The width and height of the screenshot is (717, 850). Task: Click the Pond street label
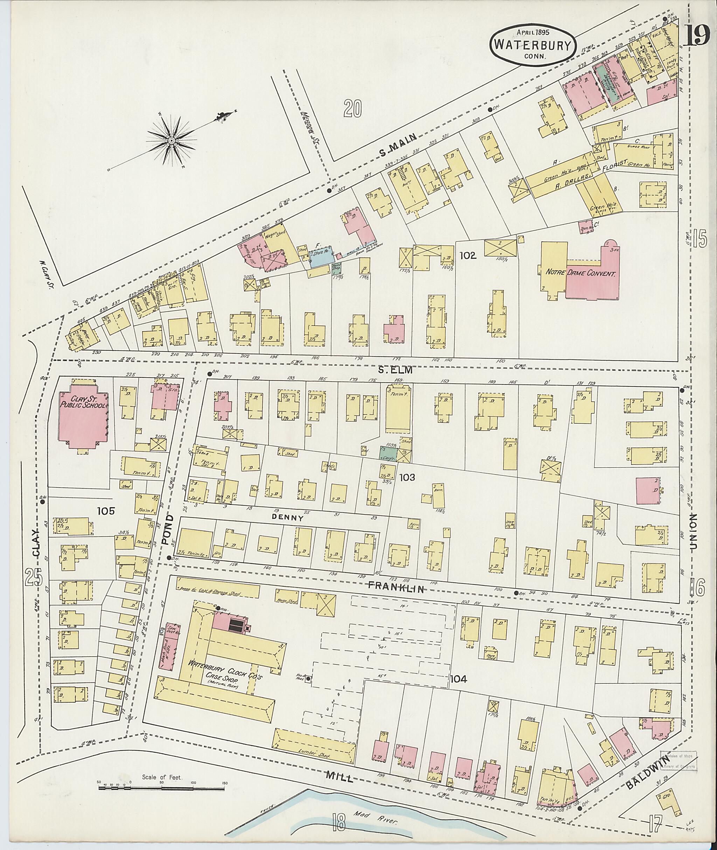pyautogui.click(x=168, y=529)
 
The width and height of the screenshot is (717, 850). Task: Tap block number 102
pyautogui.click(x=467, y=255)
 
